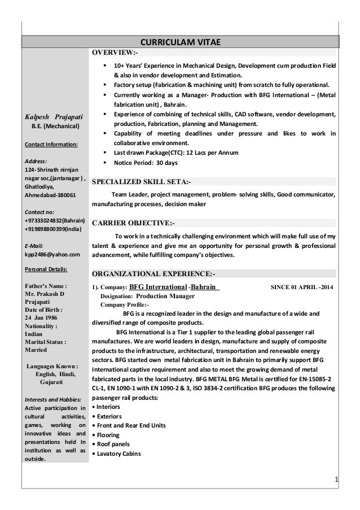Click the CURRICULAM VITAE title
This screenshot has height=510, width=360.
(180, 42)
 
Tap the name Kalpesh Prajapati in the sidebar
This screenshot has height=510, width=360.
(55, 116)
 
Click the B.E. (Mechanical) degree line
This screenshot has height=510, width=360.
(55, 126)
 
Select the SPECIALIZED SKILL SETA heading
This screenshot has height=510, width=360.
(142, 182)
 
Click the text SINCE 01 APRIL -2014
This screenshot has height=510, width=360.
(302, 287)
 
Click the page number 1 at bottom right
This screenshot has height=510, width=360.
(336, 480)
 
